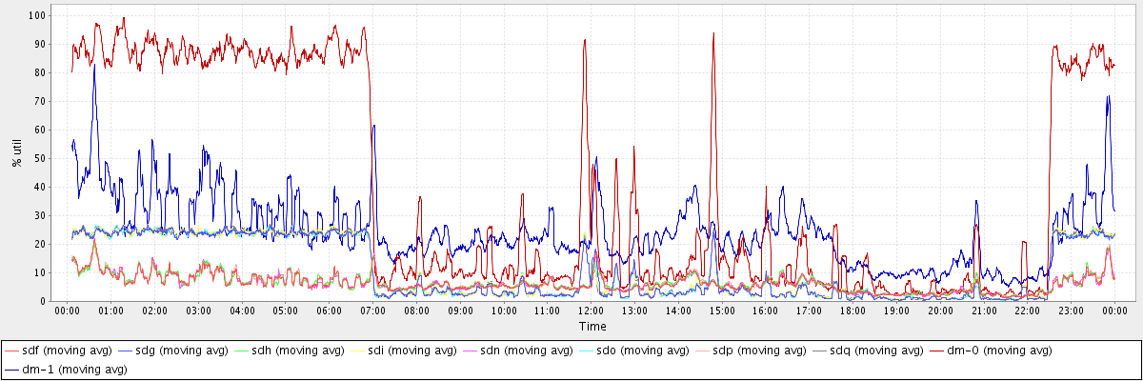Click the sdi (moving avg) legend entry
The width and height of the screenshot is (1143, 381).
(x=413, y=351)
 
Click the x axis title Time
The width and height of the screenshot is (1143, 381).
(x=592, y=327)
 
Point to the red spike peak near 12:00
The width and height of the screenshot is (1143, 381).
(x=584, y=40)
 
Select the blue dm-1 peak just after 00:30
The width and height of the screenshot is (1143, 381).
(x=93, y=65)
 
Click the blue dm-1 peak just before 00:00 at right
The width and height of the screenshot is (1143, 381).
(x=1108, y=96)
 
